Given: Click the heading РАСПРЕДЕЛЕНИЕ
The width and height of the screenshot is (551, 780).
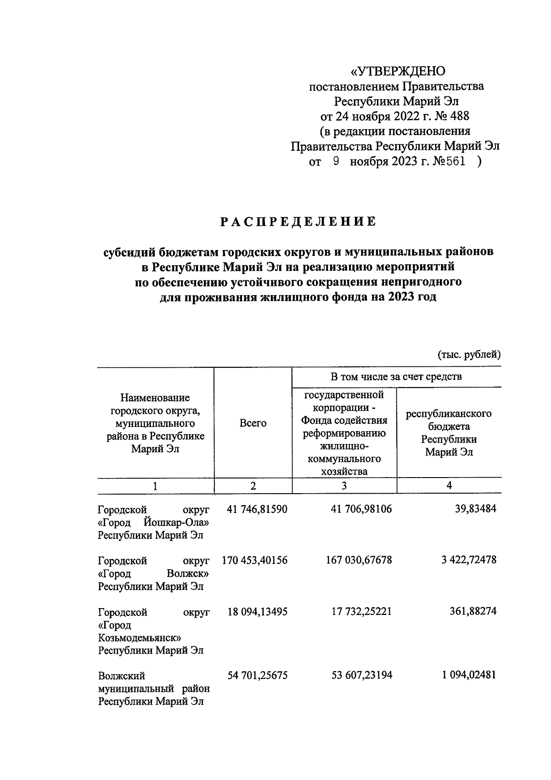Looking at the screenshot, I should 298,222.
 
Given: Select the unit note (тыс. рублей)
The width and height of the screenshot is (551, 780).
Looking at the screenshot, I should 469,354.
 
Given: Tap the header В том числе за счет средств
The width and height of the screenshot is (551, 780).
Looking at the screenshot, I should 396,377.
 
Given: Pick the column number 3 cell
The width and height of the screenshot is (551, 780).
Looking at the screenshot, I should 344,486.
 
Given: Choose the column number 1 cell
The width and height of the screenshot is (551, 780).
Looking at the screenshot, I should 155,486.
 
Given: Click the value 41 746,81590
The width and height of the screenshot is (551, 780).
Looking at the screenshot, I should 258,509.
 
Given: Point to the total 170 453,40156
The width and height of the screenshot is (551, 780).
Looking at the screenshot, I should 254,560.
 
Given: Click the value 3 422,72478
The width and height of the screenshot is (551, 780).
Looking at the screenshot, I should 469,560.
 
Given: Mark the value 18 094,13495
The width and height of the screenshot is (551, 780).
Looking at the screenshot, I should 258,612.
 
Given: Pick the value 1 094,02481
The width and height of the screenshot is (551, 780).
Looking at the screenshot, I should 469,676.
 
